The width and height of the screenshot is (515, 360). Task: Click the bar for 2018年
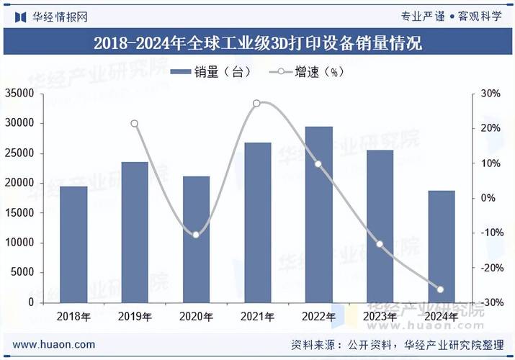[73, 245]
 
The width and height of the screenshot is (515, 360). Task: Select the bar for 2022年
[319, 215]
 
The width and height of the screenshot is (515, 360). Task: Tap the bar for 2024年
[442, 247]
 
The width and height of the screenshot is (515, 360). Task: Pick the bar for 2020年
[196, 240]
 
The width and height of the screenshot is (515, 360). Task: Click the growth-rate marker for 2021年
[257, 104]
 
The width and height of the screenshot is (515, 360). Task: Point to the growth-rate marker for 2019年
[135, 124]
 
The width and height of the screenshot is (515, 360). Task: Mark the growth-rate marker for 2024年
[441, 289]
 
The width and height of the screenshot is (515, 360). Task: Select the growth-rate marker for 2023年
[380, 244]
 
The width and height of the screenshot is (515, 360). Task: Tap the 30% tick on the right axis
[491, 94]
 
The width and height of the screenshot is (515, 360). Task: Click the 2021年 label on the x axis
[257, 317]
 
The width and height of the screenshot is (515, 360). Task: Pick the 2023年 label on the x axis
[380, 317]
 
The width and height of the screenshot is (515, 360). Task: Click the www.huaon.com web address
[54, 345]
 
